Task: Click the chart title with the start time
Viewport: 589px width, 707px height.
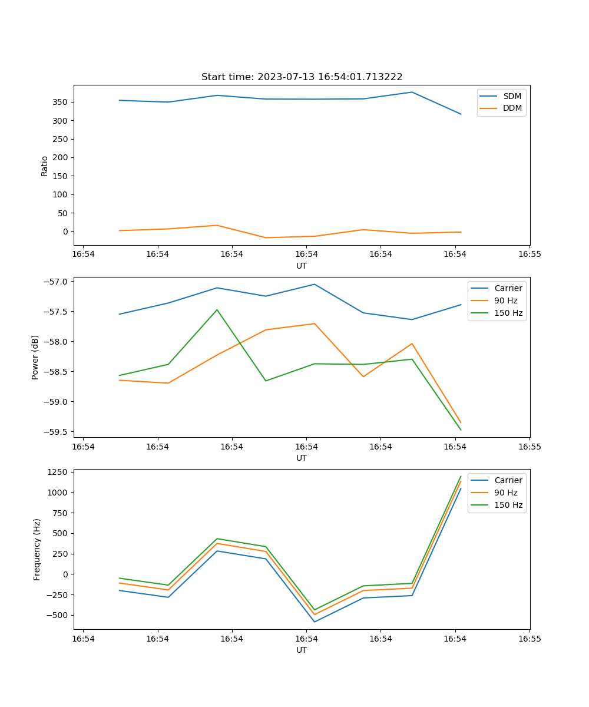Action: (x=302, y=77)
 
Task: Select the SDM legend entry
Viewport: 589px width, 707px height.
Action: (x=512, y=96)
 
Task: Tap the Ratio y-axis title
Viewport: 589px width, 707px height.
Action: (x=45, y=166)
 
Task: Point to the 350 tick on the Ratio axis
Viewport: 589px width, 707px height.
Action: (x=62, y=102)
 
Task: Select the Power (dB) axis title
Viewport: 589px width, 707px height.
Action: (x=35, y=357)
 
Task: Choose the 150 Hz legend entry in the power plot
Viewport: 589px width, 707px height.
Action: (x=508, y=313)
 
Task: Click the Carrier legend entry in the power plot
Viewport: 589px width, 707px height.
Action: (x=508, y=288)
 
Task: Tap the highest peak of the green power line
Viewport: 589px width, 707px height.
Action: (x=217, y=310)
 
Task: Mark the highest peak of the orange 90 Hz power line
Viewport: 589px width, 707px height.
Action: (x=315, y=323)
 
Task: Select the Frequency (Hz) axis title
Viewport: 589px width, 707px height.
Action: (x=37, y=549)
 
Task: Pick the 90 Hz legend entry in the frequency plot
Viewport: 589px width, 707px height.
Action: (x=506, y=493)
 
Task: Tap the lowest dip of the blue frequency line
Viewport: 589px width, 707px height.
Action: (x=315, y=622)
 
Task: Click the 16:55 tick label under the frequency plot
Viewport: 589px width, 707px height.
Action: (x=530, y=639)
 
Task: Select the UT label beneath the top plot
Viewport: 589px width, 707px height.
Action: (x=302, y=266)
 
